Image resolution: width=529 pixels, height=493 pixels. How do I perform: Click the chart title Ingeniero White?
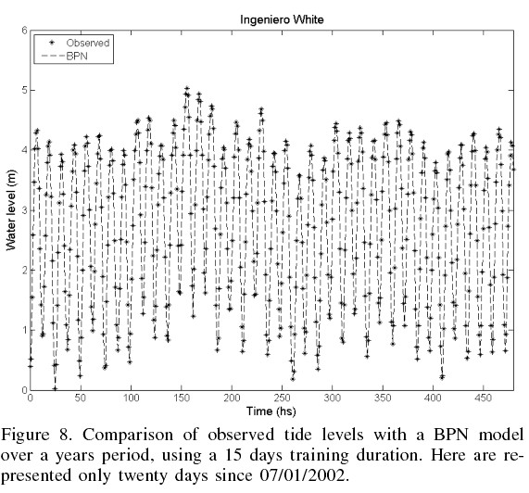(x=282, y=19)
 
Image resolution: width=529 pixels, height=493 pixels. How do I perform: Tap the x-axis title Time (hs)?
(x=271, y=411)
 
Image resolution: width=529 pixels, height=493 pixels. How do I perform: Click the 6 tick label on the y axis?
(x=24, y=31)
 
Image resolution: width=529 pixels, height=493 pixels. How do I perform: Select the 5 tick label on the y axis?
(x=24, y=91)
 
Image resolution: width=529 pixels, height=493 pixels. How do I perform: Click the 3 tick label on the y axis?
(x=24, y=210)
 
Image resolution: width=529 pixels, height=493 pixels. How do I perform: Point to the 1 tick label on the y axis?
(x=24, y=330)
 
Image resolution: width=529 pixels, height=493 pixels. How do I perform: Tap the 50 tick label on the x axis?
(x=81, y=398)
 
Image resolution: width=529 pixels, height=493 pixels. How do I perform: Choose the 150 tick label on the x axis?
(x=182, y=398)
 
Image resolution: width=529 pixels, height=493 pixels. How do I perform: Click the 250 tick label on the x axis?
(x=282, y=398)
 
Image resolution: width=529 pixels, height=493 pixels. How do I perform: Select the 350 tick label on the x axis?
(x=383, y=398)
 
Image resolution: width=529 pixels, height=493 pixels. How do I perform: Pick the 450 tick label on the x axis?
(x=483, y=398)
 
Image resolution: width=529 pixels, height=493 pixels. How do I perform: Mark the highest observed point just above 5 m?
(x=187, y=88)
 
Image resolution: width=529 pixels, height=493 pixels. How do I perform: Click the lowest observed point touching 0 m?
(x=55, y=388)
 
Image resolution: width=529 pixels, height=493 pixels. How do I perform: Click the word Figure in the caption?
(x=25, y=436)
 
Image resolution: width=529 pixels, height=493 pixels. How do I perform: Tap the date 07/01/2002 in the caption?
(x=303, y=475)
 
